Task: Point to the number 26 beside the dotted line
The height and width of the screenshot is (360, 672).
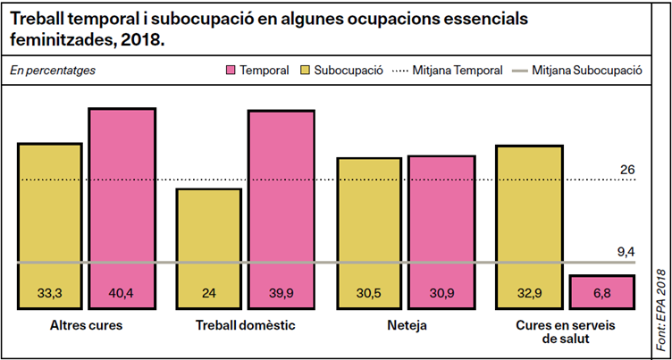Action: point(627,169)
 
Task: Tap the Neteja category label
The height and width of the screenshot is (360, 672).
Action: point(405,325)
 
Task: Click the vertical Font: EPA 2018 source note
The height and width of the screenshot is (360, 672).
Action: point(661,304)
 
